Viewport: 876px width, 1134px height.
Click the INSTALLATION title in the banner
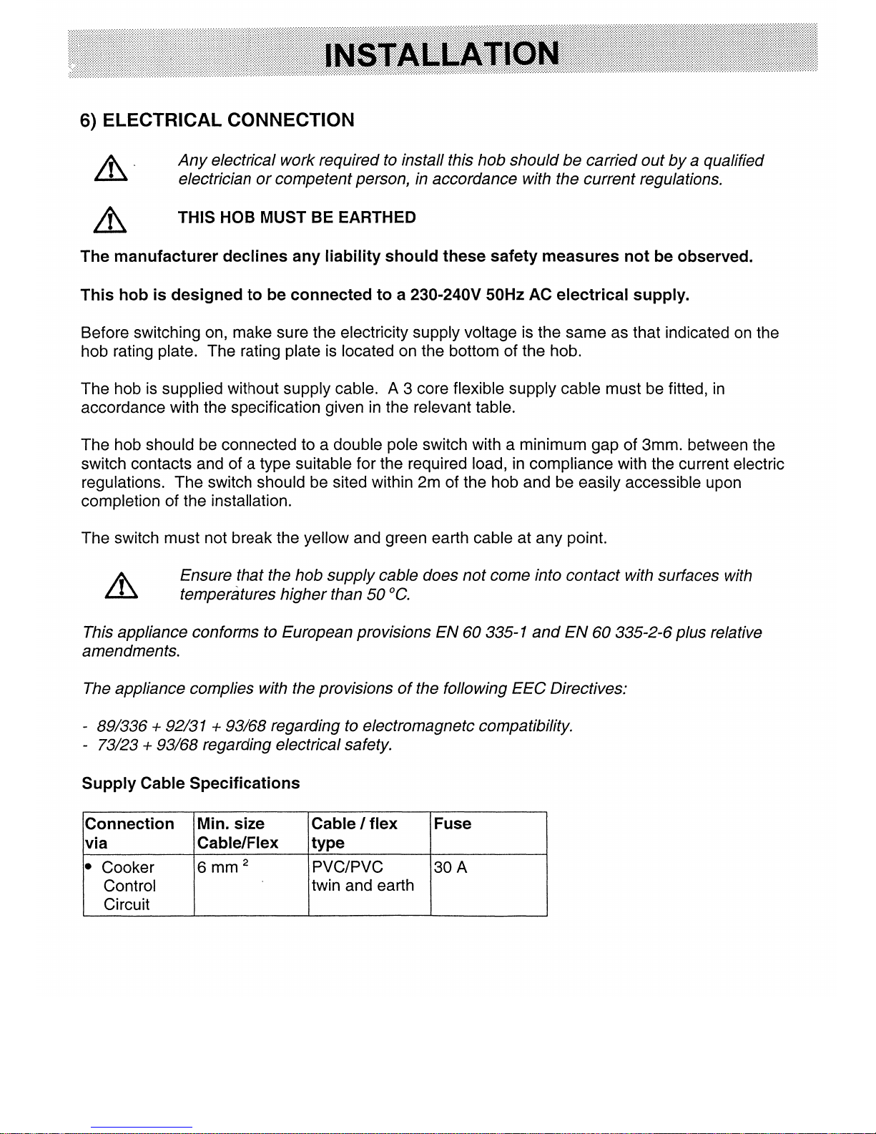tap(441, 54)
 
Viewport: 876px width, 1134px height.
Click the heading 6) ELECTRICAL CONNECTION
tap(217, 120)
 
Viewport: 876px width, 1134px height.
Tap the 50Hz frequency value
tap(505, 295)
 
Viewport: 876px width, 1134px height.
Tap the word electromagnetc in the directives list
tap(418, 727)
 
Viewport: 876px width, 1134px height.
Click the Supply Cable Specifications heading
tap(191, 783)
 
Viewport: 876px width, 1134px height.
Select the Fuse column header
tap(453, 824)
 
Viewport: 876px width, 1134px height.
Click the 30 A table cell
tap(451, 868)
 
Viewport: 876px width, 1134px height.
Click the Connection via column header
tap(129, 834)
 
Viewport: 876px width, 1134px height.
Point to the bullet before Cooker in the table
tap(89, 867)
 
